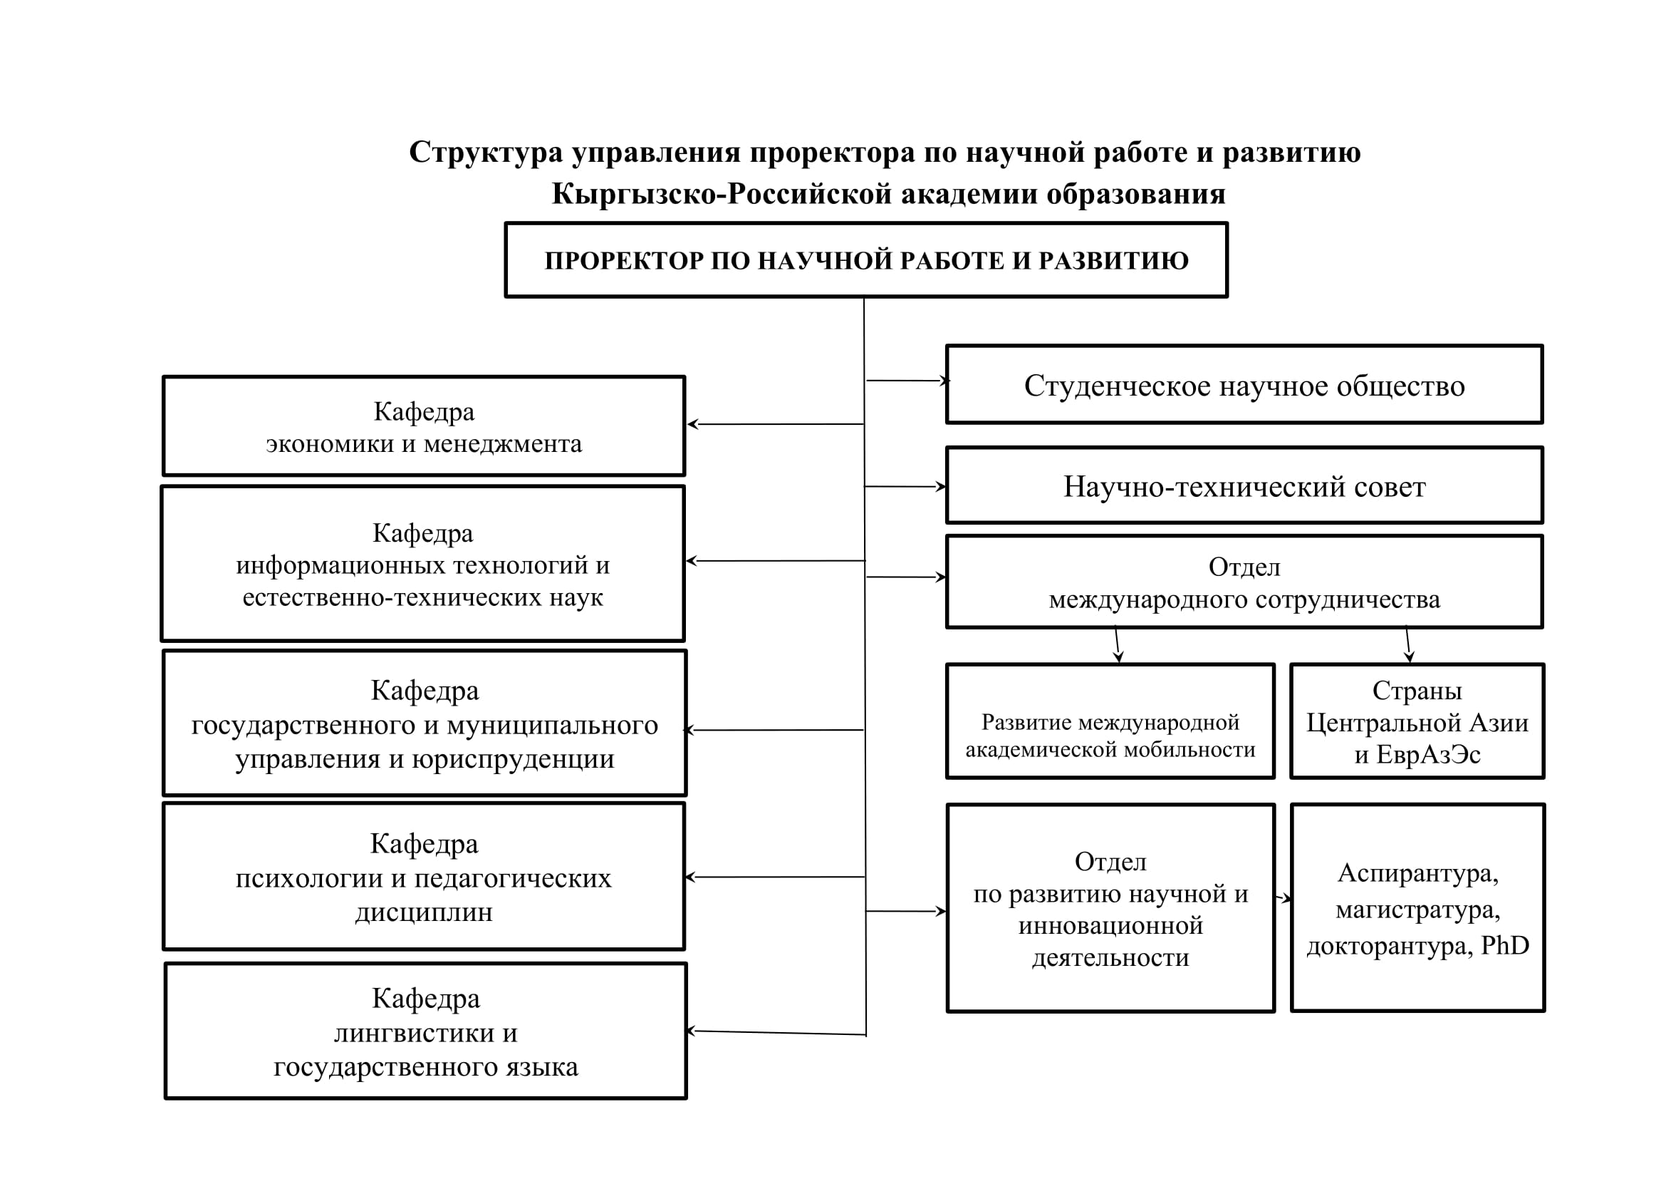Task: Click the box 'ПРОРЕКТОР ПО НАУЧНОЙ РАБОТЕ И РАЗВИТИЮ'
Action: [x=865, y=260]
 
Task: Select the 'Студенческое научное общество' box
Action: [x=1244, y=385]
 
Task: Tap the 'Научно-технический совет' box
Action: [x=1244, y=485]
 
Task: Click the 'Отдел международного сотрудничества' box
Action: [x=1244, y=582]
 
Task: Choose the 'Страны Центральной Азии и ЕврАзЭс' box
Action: [x=1417, y=721]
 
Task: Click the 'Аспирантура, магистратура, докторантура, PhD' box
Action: [x=1417, y=908]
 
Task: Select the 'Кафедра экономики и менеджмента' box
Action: [x=424, y=426]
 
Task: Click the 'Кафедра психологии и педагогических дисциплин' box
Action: [x=424, y=876]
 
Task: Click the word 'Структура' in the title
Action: [x=486, y=153]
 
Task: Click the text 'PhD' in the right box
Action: [x=1505, y=945]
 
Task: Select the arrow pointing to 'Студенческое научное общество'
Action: [x=907, y=381]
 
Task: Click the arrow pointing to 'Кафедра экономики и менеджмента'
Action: [x=775, y=424]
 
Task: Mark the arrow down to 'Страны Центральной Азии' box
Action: [x=1407, y=644]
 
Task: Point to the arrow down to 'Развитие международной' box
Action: [x=1118, y=644]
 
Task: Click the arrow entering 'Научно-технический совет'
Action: [x=905, y=486]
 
